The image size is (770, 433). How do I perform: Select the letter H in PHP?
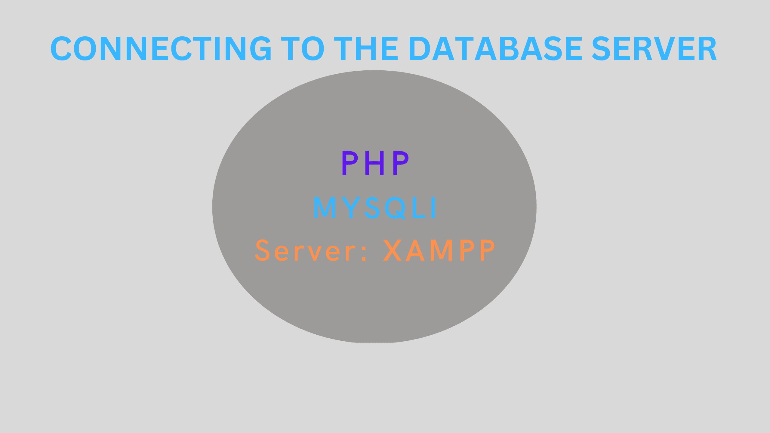[x=375, y=163]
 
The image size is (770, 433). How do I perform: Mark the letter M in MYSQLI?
[x=325, y=207]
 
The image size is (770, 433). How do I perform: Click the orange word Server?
[x=305, y=250]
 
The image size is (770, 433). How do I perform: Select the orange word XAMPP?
[x=439, y=250]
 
